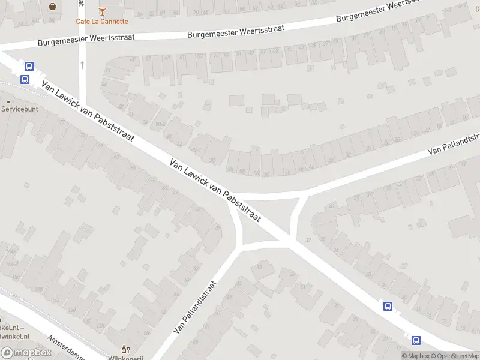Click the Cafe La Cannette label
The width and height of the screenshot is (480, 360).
pyautogui.click(x=102, y=22)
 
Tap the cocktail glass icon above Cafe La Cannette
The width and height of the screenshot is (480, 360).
pyautogui.click(x=102, y=11)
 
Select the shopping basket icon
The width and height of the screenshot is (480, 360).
pyautogui.click(x=53, y=7)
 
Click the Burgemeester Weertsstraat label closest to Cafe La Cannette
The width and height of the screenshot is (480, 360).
pyautogui.click(x=86, y=40)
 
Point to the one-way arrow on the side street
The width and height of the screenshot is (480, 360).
pyautogui.click(x=82, y=64)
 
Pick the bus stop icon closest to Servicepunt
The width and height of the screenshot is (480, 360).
pyautogui.click(x=25, y=79)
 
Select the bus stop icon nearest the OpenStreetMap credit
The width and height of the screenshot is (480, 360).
pyautogui.click(x=416, y=340)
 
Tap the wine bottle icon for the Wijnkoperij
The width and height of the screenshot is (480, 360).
pyautogui.click(x=125, y=350)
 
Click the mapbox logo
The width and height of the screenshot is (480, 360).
pyautogui.click(x=26, y=353)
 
